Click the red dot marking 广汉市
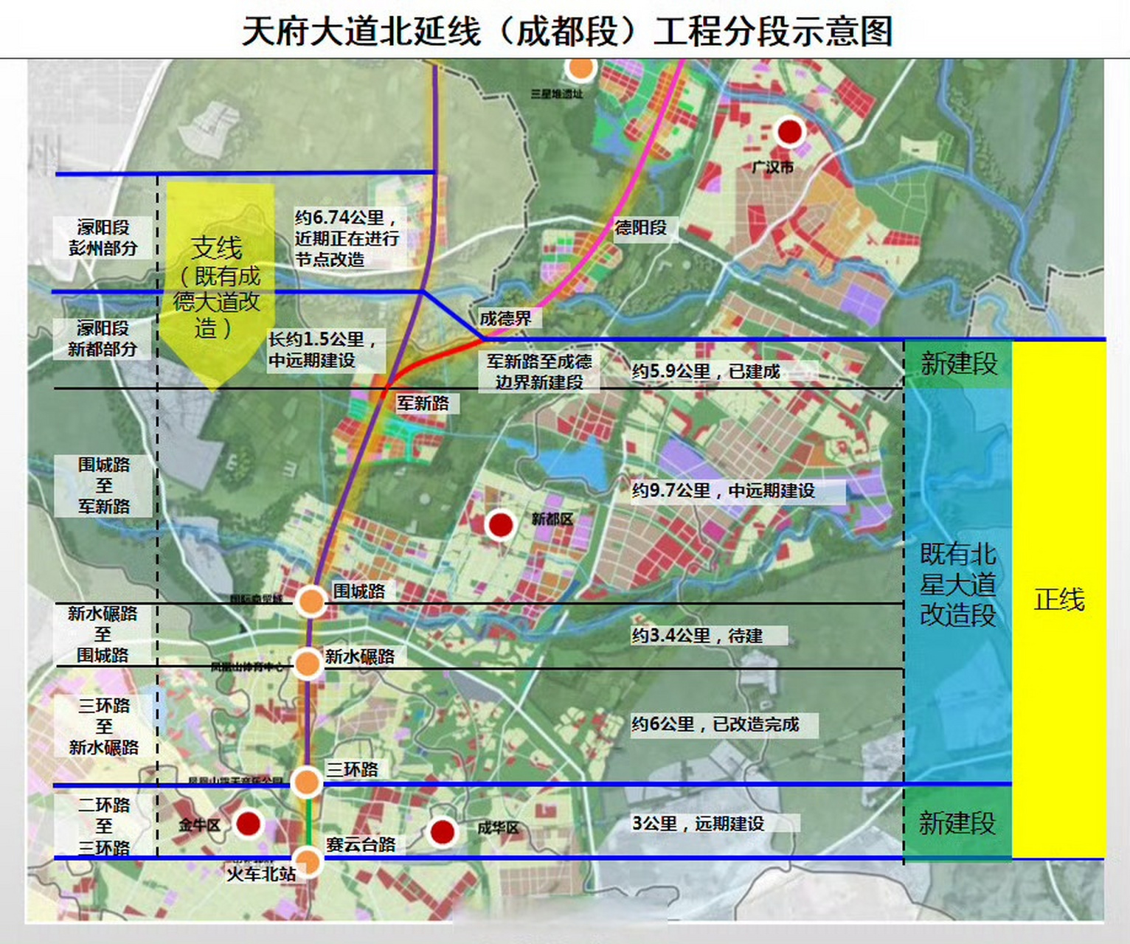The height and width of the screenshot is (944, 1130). pyautogui.click(x=789, y=132)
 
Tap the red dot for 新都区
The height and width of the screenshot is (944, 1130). pyautogui.click(x=501, y=525)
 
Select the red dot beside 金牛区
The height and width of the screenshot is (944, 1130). pyautogui.click(x=248, y=823)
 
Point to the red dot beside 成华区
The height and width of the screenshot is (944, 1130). pyautogui.click(x=442, y=832)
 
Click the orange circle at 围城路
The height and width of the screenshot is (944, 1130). pyautogui.click(x=311, y=601)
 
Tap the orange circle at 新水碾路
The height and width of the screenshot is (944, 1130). pyautogui.click(x=307, y=663)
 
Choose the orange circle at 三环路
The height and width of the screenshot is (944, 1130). pyautogui.click(x=306, y=781)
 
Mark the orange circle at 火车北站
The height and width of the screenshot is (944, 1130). pyautogui.click(x=307, y=861)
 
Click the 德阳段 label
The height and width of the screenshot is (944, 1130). pyautogui.click(x=640, y=228)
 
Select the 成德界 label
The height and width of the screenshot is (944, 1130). pyautogui.click(x=505, y=318)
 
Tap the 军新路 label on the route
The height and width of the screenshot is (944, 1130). pyautogui.click(x=423, y=403)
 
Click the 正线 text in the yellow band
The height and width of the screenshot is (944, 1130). pyautogui.click(x=1058, y=600)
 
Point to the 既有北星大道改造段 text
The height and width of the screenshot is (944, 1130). pyautogui.click(x=957, y=584)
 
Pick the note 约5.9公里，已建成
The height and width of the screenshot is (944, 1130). pyautogui.click(x=706, y=372)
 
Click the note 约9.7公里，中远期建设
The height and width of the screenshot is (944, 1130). pyautogui.click(x=723, y=491)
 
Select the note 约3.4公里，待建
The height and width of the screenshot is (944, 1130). pyautogui.click(x=697, y=636)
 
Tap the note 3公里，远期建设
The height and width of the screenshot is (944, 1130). pyautogui.click(x=698, y=823)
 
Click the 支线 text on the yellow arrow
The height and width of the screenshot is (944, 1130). pyautogui.click(x=216, y=248)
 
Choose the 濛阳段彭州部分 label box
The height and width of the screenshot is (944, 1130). pyautogui.click(x=103, y=237)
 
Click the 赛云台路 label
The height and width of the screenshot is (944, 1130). pyautogui.click(x=361, y=844)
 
